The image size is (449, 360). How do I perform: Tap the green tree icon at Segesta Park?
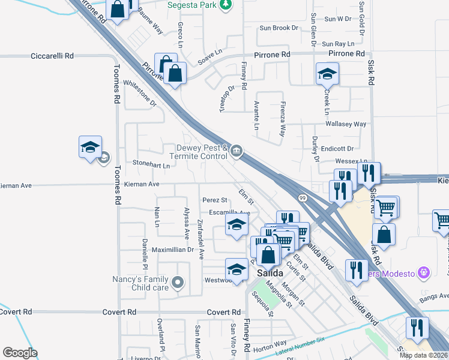(225, 5)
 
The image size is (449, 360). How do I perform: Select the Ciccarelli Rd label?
(52, 56)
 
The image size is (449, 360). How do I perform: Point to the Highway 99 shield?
(302, 197)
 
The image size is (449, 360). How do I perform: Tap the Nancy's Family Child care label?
(141, 283)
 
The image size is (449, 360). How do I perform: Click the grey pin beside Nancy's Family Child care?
(177, 281)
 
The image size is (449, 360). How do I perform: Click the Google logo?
(20, 353)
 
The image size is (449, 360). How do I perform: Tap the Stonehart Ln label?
(151, 163)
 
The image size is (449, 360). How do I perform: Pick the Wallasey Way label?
(345, 124)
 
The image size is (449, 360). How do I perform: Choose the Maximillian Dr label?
(172, 249)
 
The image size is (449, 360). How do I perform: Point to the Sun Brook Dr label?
(279, 28)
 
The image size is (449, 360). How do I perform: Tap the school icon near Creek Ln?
(327, 74)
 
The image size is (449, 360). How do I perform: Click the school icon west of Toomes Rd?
(90, 147)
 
